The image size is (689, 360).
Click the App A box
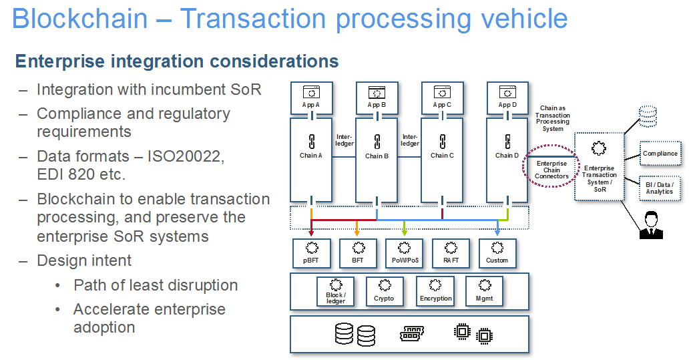tap(312, 98)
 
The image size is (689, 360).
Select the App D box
tap(507, 98)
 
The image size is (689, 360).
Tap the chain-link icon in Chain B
tap(377, 142)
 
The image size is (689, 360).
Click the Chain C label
tap(442, 155)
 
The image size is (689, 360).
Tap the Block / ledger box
tap(336, 291)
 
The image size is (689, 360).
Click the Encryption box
tap(435, 291)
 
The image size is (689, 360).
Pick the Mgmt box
tap(484, 291)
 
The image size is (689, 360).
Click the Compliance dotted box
tap(660, 154)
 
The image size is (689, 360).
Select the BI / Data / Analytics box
tap(660, 188)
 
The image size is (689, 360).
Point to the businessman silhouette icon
tap(651, 225)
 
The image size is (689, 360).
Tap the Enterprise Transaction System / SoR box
tap(600, 166)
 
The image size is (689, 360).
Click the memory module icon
tap(412, 334)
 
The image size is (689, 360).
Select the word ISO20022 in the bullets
tap(186, 156)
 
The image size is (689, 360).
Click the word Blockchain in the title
tap(80, 19)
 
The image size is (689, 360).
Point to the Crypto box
tap(385, 291)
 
